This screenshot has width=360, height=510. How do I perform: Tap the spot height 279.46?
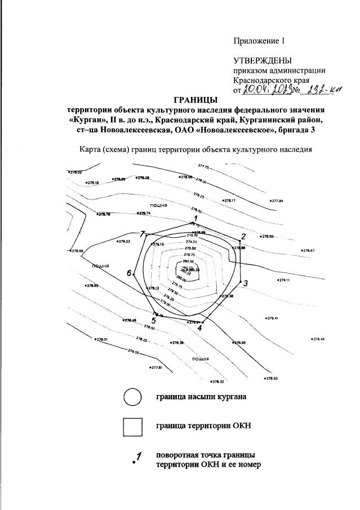pyautogui.click(x=318, y=339)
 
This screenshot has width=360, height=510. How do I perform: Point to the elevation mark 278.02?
pyautogui.click(x=75, y=172)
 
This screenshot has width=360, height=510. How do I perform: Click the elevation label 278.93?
pyautogui.click(x=272, y=378)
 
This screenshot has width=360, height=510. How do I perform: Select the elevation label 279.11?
pyautogui.click(x=283, y=280)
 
